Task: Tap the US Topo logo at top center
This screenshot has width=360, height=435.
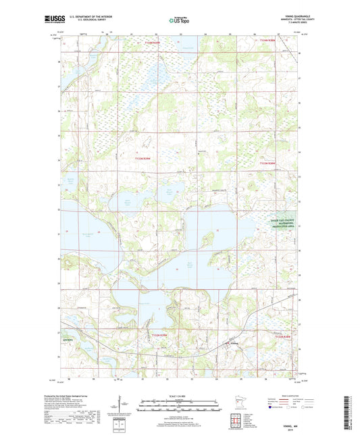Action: pyautogui.click(x=180, y=20)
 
